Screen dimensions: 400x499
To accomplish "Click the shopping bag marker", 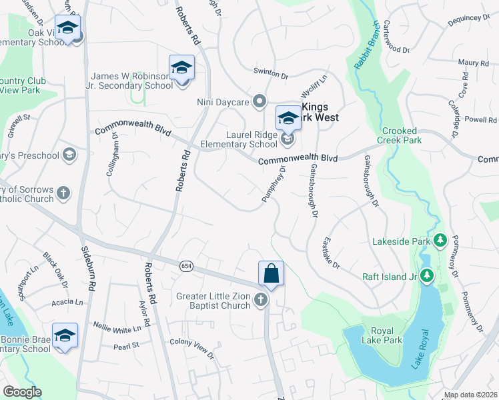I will [x=271, y=273].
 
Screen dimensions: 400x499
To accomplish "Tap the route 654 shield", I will [x=186, y=266].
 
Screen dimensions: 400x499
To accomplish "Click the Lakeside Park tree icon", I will [x=440, y=239].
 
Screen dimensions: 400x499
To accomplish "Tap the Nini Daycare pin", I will [x=260, y=101].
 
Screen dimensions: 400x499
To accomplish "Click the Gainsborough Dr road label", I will [x=312, y=190].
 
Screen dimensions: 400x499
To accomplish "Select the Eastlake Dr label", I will [x=332, y=253].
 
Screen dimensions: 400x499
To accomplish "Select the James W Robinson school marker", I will [x=181, y=69].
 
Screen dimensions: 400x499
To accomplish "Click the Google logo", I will [x=22, y=392].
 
